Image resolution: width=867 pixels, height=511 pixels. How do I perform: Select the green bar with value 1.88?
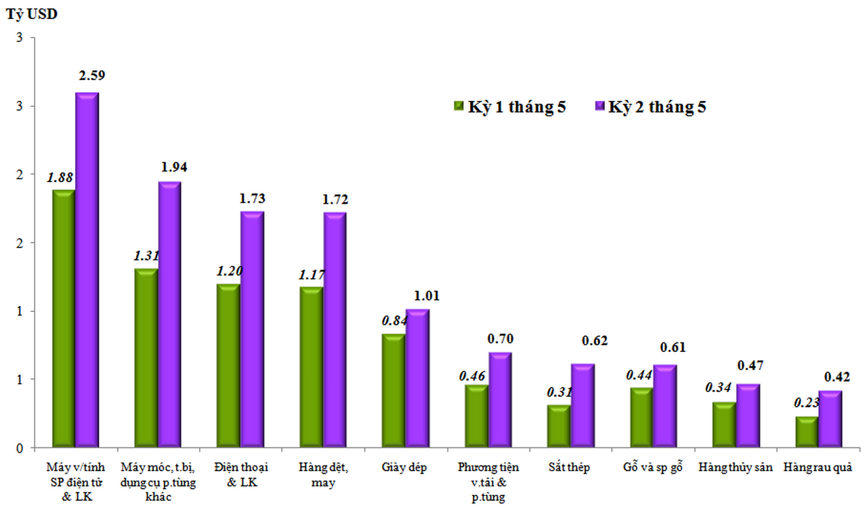click(63, 318)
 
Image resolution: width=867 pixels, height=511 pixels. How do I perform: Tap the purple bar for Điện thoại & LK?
click(252, 329)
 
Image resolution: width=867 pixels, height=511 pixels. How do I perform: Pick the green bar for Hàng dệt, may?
click(311, 367)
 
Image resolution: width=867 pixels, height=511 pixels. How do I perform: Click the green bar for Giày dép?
click(394, 391)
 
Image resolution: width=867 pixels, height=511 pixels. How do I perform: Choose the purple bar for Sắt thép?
click(582, 405)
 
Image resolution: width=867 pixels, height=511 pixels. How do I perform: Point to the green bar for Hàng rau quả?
click(807, 432)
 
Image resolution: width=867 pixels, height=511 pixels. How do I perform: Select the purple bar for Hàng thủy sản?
click(748, 416)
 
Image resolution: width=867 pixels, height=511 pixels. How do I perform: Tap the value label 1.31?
click(145, 256)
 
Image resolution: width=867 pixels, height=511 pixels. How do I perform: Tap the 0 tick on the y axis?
click(20, 448)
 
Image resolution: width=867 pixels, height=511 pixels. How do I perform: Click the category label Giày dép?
click(404, 468)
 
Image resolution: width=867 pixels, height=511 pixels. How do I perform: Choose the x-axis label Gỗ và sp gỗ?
click(652, 468)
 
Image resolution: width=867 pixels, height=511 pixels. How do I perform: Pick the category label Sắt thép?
click(570, 468)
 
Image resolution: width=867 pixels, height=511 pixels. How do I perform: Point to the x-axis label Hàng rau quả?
click(817, 468)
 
